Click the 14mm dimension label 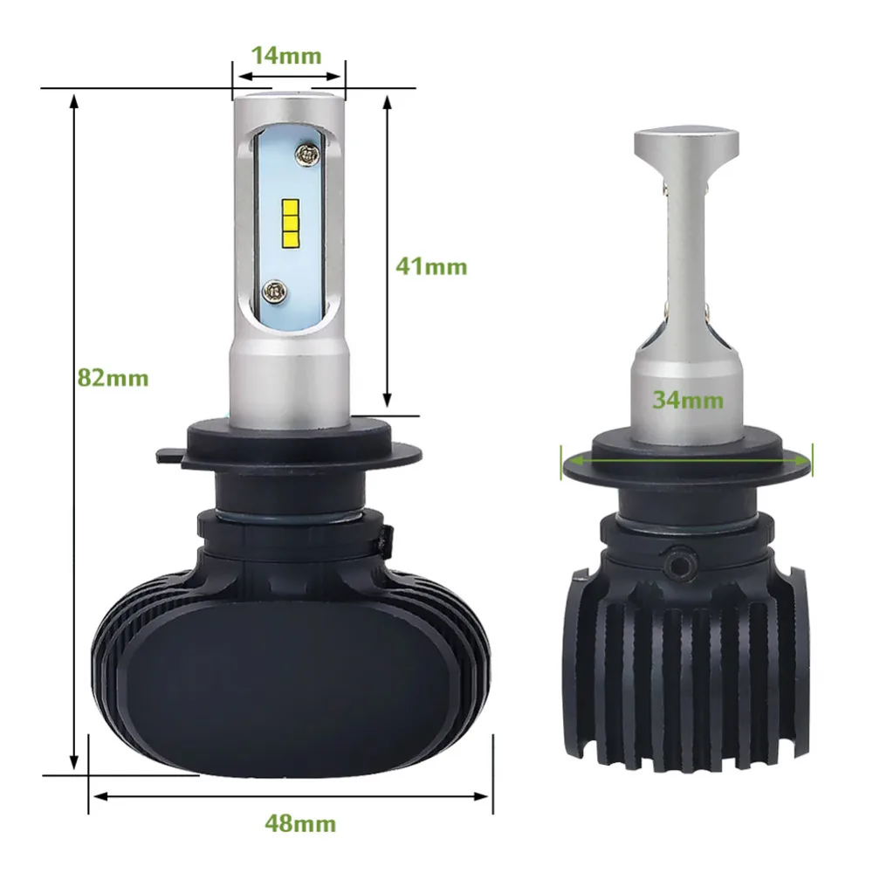[x=286, y=56]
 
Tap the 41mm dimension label [x=431, y=266]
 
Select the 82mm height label [x=113, y=378]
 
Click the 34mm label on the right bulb [x=689, y=401]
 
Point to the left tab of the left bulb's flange [x=171, y=454]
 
